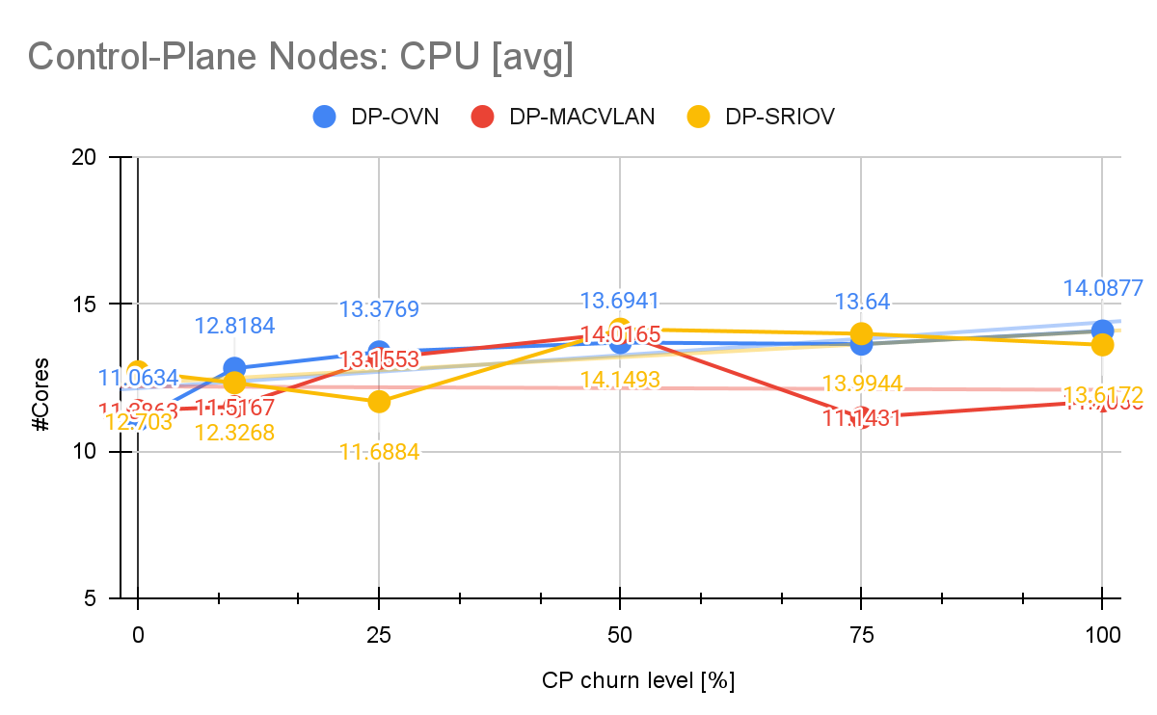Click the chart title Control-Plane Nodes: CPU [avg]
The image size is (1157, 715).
(301, 57)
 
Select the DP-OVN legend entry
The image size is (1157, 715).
(376, 117)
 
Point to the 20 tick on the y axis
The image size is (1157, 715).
(93, 157)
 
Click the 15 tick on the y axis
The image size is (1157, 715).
(93, 305)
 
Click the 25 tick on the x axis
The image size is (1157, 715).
(379, 635)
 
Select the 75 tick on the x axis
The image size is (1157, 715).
(861, 635)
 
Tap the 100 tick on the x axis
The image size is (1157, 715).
(1101, 635)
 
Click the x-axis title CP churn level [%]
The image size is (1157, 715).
(638, 680)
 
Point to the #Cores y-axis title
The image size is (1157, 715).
(41, 379)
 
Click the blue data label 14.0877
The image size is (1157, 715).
(1103, 287)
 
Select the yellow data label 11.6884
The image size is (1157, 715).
(379, 450)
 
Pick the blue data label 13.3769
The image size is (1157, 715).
(379, 309)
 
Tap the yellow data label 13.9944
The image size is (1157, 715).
(861, 384)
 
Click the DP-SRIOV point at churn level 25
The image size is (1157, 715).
(379, 401)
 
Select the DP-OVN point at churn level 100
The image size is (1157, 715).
(1101, 331)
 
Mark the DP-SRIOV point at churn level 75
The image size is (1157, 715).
(861, 333)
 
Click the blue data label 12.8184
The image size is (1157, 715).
(234, 325)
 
